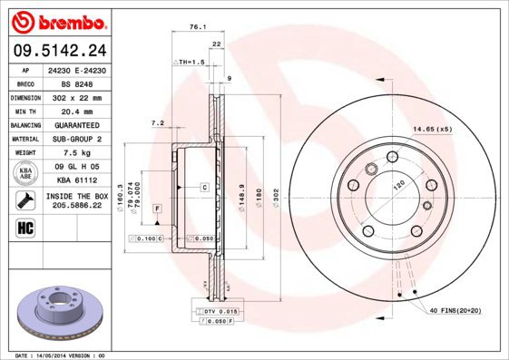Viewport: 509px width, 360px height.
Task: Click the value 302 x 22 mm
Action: [x=75, y=95]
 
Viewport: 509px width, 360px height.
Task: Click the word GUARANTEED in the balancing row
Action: [x=75, y=124]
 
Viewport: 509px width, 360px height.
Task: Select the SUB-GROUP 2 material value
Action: [x=75, y=139]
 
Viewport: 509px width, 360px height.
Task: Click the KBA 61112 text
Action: [x=75, y=181]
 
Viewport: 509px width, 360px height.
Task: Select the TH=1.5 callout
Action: [x=190, y=61]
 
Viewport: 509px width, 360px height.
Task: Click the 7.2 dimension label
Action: [x=156, y=122]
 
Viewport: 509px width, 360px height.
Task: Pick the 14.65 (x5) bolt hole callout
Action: [x=432, y=130]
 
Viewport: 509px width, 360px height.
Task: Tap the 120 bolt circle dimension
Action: [x=396, y=184]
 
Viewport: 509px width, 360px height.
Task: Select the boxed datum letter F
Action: [x=158, y=209]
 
